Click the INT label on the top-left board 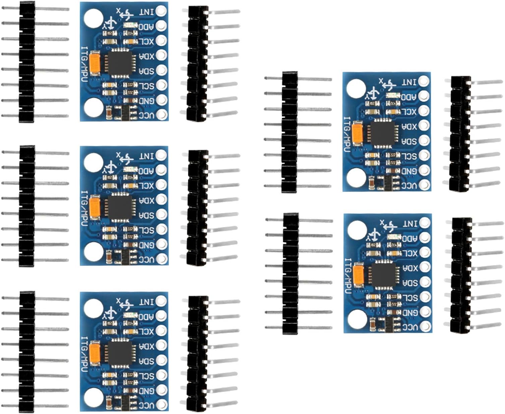146,12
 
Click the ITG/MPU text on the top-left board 85,63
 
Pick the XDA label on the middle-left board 146,200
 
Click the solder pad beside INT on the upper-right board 424,81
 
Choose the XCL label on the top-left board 146,41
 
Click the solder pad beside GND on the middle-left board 162,244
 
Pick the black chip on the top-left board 120,62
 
